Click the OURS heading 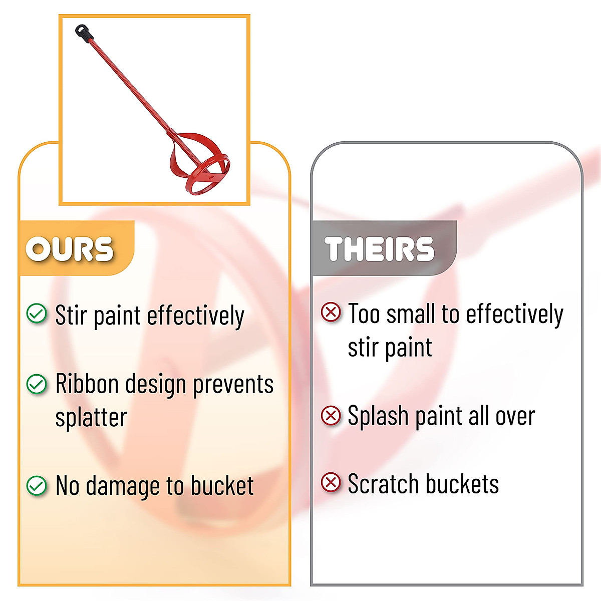tap(69, 248)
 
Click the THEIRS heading tap(379, 248)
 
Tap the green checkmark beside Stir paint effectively tap(37, 313)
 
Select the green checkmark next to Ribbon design tap(37, 384)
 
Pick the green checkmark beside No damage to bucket tap(37, 486)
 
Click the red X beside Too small tap(331, 312)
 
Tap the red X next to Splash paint tap(331, 415)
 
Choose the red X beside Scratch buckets tap(331, 482)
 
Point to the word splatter tap(91, 418)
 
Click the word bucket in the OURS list tap(222, 485)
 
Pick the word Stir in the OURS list tap(71, 315)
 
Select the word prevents tap(233, 384)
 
